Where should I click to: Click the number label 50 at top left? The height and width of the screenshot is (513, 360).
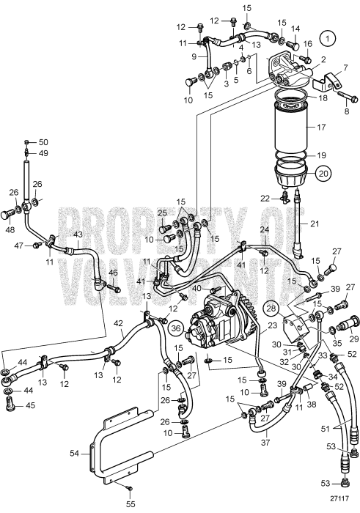point(43,141)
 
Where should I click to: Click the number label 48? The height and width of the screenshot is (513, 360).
point(10,229)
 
